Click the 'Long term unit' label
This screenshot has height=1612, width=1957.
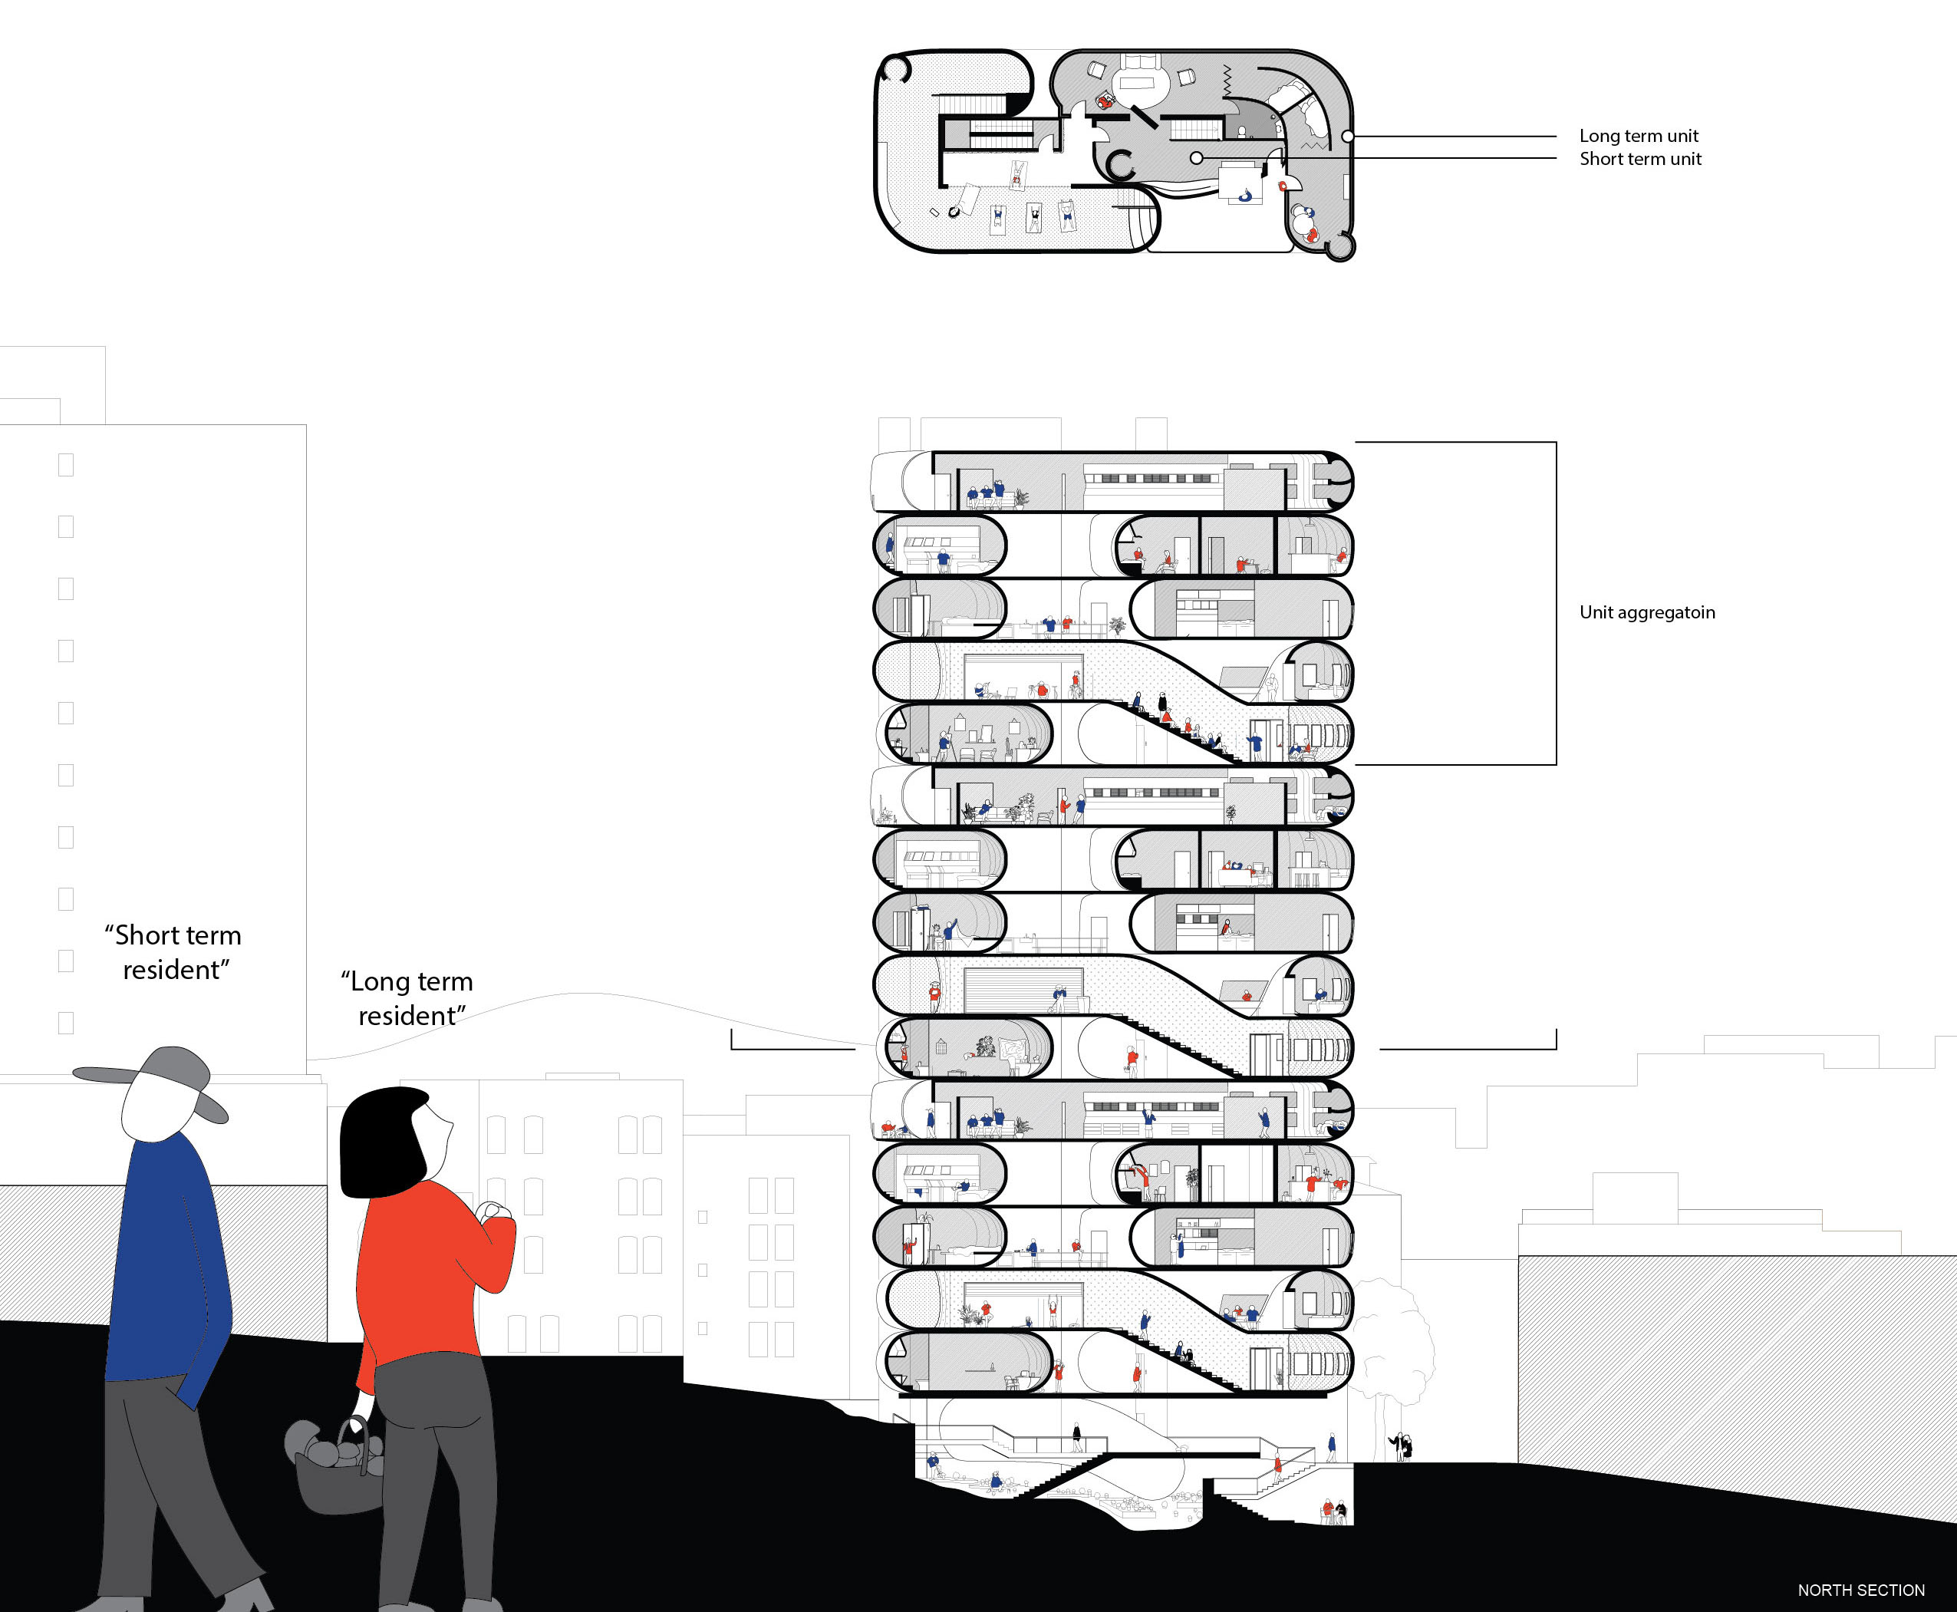pyautogui.click(x=1639, y=136)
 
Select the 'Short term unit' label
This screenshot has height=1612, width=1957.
pyautogui.click(x=1639, y=159)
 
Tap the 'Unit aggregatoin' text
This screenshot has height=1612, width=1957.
pyautogui.click(x=1647, y=612)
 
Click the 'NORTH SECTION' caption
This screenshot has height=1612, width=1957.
pyautogui.click(x=1860, y=1590)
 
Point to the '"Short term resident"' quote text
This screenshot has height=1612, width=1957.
pyautogui.click(x=173, y=952)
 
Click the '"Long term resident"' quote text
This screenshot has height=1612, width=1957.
pyautogui.click(x=407, y=998)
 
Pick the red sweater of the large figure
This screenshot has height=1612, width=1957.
pyautogui.click(x=427, y=1272)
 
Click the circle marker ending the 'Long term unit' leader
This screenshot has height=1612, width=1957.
pyautogui.click(x=1347, y=137)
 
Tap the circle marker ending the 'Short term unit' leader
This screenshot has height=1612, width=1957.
pyautogui.click(x=1197, y=159)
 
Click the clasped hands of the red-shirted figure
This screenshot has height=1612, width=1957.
pyautogui.click(x=492, y=1211)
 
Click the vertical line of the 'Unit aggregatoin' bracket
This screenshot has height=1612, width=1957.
pyautogui.click(x=1556, y=604)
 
